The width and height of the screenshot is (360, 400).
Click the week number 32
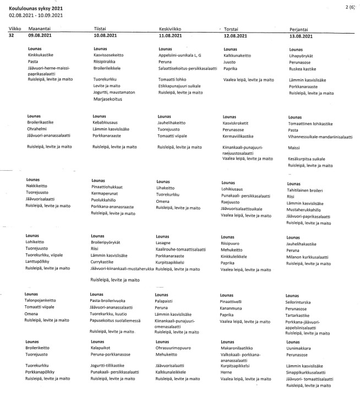(12, 35)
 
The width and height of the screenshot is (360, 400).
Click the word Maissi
(294, 148)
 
